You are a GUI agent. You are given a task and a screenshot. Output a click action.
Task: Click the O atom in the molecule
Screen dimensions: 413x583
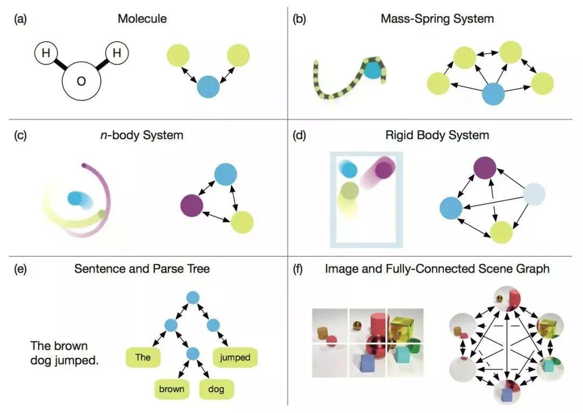[x=82, y=83]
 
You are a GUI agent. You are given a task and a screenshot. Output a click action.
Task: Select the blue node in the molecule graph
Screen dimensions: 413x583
[x=208, y=87]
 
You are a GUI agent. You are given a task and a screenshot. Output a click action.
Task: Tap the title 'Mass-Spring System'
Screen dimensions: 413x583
[x=437, y=19]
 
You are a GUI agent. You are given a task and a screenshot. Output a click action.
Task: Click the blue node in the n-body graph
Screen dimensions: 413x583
[x=226, y=174]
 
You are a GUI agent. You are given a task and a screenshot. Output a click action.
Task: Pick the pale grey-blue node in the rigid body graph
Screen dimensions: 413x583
[x=534, y=194]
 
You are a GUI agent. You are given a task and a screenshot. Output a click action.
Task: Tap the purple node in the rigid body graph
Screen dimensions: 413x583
[x=485, y=168]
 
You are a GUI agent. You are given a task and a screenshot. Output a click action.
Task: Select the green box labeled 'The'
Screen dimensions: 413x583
[x=144, y=357]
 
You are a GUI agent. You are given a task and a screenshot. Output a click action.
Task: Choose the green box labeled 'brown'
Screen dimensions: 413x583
[x=171, y=389]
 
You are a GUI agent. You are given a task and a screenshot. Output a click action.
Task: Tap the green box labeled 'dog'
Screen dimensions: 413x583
[x=216, y=389]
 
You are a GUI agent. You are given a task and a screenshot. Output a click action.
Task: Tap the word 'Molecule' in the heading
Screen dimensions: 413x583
[x=142, y=19]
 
